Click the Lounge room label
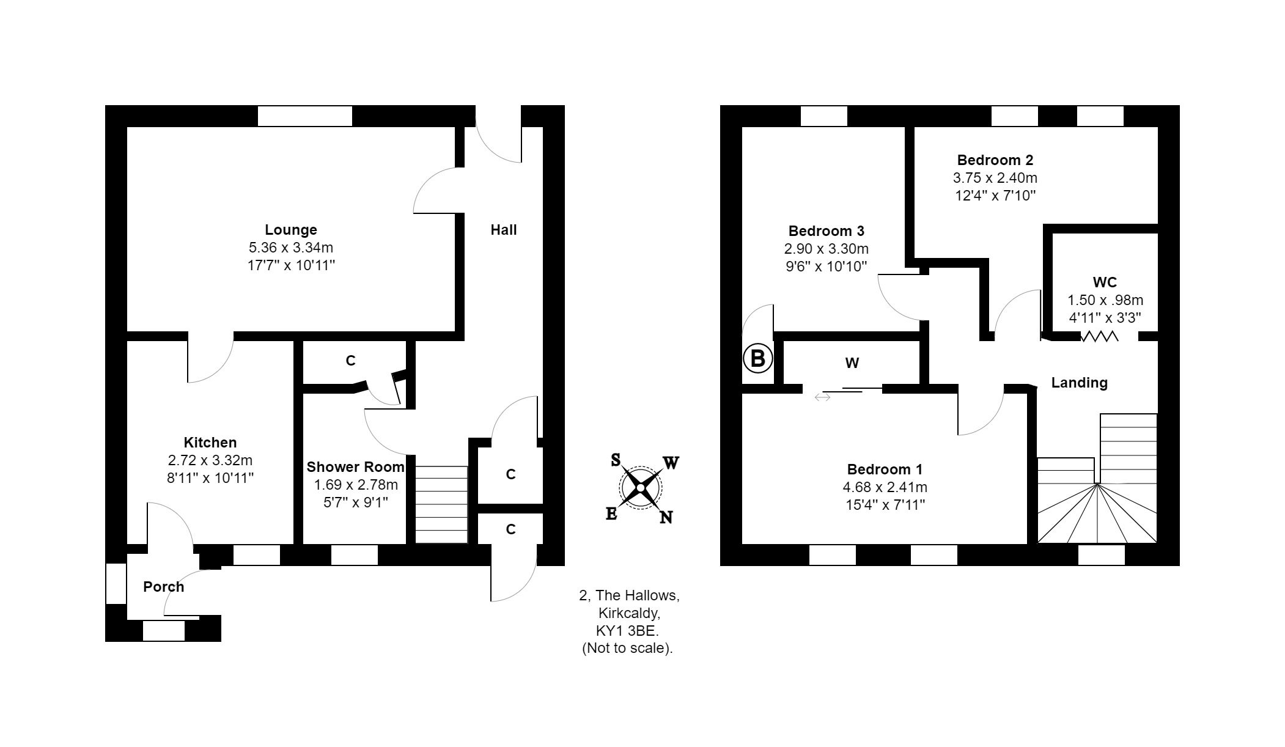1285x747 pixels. [x=290, y=230]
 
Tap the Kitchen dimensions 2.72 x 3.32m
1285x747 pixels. [x=210, y=460]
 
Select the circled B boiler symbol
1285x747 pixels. [x=757, y=358]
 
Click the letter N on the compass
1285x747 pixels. [x=666, y=517]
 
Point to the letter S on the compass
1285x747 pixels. [x=616, y=460]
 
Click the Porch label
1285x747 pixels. [x=163, y=587]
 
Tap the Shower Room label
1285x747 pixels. [x=355, y=467]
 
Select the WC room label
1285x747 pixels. [x=1105, y=282]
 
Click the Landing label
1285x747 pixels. [x=1079, y=383]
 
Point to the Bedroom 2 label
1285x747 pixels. [x=995, y=160]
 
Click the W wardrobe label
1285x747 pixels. [x=852, y=363]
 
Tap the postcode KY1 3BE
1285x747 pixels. [x=628, y=630]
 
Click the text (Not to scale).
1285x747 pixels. [x=627, y=648]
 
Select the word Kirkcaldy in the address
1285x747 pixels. [x=629, y=613]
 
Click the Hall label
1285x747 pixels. [x=503, y=230]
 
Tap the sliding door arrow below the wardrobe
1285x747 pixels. [x=822, y=397]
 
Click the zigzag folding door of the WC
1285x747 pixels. [x=1099, y=336]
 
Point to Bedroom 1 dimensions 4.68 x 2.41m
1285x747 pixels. [x=885, y=487]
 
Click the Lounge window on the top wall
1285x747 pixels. [x=304, y=116]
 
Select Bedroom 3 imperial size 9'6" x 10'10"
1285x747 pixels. [x=826, y=267]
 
